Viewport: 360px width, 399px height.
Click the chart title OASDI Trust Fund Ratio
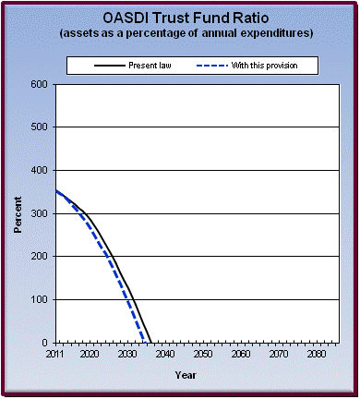(x=181, y=18)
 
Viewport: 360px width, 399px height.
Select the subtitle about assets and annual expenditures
(x=181, y=33)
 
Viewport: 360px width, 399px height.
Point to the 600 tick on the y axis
(x=41, y=84)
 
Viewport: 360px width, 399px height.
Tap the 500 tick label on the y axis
(x=41, y=127)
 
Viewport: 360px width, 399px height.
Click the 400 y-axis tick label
(x=41, y=171)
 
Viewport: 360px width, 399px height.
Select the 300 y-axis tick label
(x=41, y=213)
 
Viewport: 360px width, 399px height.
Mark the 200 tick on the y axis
(x=41, y=257)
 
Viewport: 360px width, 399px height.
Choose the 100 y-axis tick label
(x=41, y=300)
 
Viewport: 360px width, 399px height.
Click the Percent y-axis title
(x=18, y=213)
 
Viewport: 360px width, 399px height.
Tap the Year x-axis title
(x=186, y=375)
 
